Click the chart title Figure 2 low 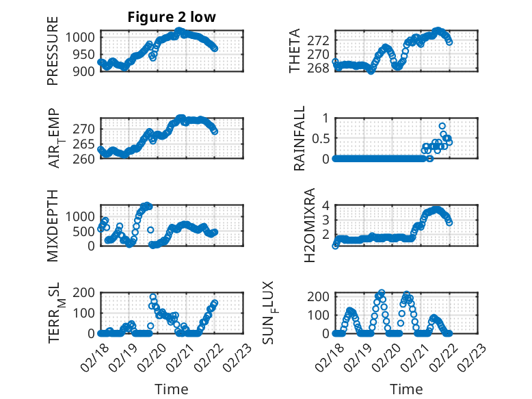(172, 18)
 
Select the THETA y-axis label (295, 51)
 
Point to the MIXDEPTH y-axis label (53, 225)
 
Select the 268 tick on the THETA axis (320, 68)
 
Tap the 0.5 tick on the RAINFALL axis (321, 138)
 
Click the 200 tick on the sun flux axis (320, 296)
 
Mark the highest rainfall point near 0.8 (442, 126)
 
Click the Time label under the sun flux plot (406, 389)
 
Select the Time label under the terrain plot (172, 389)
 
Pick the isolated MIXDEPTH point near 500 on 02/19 (150, 230)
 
